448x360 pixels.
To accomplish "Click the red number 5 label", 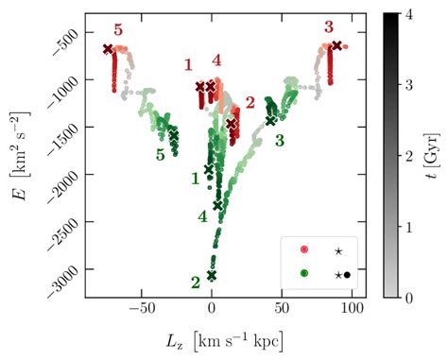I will click(x=117, y=29).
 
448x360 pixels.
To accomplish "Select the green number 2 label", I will click(x=195, y=283).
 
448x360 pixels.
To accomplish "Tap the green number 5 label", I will click(x=161, y=155).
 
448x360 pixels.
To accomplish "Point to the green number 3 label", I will click(x=280, y=141).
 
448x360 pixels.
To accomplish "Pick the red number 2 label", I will click(x=250, y=102).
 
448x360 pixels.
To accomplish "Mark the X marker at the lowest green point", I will click(x=212, y=275).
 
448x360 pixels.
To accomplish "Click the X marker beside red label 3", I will click(x=337, y=44).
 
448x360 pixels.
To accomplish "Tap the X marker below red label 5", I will click(x=108, y=48).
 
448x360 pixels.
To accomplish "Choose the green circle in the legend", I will click(x=303, y=273).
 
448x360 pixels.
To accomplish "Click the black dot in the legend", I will click(x=348, y=274).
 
